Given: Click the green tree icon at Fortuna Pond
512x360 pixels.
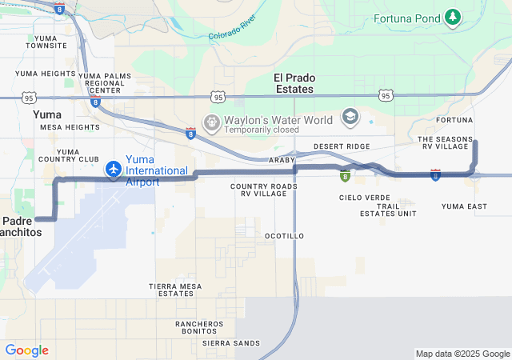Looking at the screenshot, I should click(454, 17).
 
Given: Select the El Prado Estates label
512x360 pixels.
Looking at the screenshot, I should click(294, 83).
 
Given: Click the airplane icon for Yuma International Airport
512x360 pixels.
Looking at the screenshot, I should click(114, 170).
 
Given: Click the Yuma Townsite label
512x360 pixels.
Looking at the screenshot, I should click(46, 42).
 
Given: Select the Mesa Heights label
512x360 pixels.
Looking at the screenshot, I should click(70, 127).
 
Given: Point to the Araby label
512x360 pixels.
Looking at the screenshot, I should click(282, 160).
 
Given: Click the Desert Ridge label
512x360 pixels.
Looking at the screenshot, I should click(342, 146).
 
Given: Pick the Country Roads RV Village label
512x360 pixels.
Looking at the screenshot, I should click(264, 190).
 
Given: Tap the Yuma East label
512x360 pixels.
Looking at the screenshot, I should click(464, 206).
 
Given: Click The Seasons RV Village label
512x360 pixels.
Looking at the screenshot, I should click(446, 143).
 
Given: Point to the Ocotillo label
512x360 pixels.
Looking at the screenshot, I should click(284, 236).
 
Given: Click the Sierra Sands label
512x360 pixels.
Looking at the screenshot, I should click(231, 343).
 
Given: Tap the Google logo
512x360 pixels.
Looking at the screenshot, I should click(26, 350).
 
